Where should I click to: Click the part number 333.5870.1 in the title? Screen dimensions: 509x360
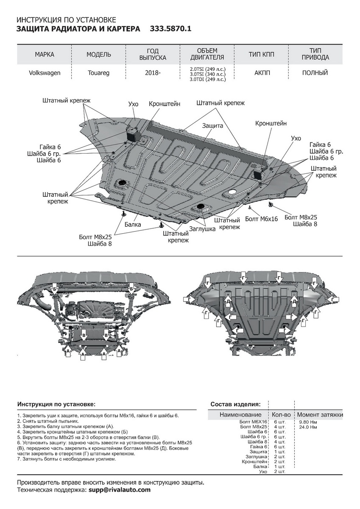click(x=171, y=29)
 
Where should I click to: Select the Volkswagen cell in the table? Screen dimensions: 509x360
click(x=45, y=73)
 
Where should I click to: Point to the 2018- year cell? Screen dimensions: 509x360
click(x=153, y=73)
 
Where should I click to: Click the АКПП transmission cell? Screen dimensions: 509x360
click(x=262, y=73)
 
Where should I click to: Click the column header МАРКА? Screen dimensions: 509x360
click(x=45, y=54)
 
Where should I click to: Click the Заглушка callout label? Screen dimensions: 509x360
click(x=202, y=229)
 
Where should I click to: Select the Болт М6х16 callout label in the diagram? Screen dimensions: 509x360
click(x=262, y=219)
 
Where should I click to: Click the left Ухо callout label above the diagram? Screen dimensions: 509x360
click(x=133, y=104)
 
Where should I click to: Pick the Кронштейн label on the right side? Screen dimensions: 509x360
click(x=271, y=123)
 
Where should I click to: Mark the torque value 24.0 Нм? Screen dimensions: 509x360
click(x=308, y=427)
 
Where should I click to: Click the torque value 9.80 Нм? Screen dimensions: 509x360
click(x=308, y=422)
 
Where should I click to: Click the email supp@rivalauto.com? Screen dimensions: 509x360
click(x=120, y=489)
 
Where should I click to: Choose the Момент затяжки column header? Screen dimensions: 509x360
click(x=320, y=414)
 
